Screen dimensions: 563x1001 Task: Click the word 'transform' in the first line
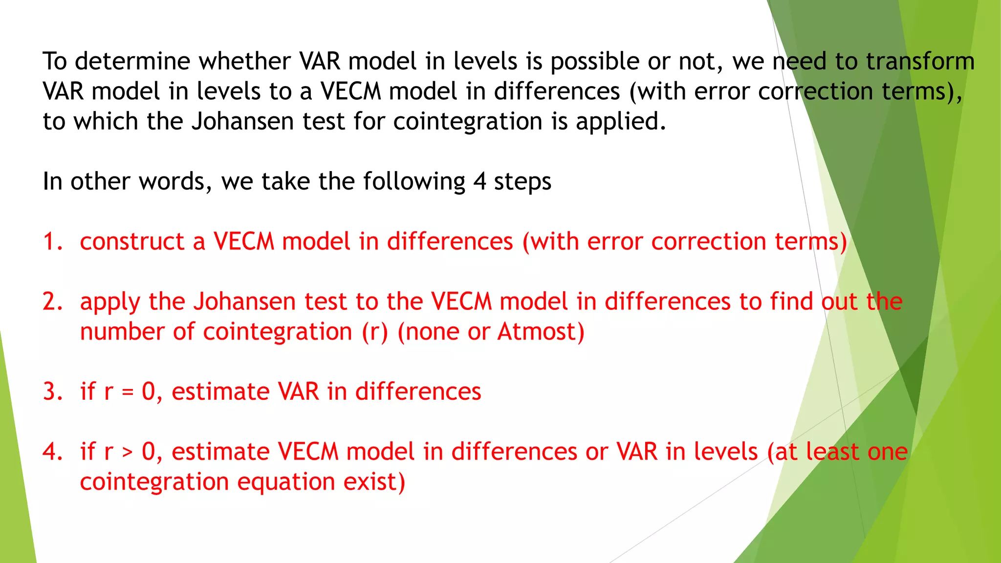[x=920, y=62]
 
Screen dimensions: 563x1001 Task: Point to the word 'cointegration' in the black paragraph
[x=468, y=122]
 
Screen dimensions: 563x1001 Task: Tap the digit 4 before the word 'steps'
[x=479, y=181]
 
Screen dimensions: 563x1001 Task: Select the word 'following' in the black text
[x=414, y=182]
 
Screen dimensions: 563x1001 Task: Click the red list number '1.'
[x=53, y=242]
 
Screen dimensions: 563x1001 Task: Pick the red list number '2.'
[x=53, y=302]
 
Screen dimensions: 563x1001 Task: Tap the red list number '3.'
[x=53, y=392]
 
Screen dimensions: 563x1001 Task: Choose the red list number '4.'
[x=53, y=452]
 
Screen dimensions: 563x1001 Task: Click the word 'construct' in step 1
[x=132, y=242]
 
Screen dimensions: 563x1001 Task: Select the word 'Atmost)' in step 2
[x=541, y=332]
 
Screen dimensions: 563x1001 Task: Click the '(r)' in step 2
[x=375, y=332]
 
